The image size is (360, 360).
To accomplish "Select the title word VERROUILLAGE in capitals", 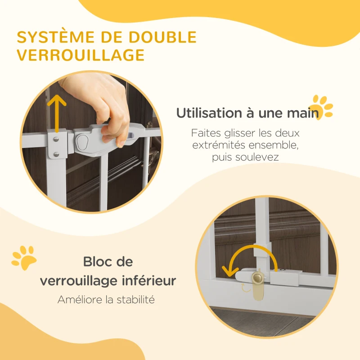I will [x=81, y=55].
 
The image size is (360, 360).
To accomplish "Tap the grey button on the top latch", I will [x=81, y=142].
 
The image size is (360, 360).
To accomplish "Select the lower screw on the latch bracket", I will [x=56, y=154].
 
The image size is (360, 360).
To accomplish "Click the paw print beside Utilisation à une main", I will [x=322, y=106].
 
